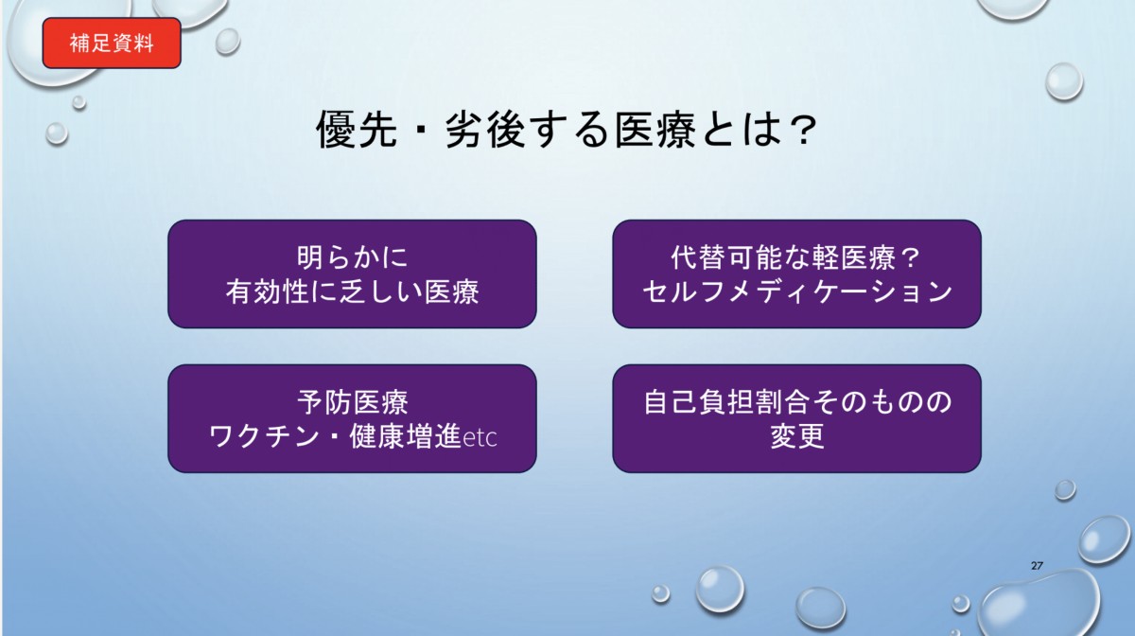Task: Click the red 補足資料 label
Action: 112,44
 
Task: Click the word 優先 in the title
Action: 357,130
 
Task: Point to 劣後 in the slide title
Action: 485,130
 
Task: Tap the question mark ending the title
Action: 803,130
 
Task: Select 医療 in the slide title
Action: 655,130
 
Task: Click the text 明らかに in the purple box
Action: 352,257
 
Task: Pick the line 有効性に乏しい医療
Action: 352,291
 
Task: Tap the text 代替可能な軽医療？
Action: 795,257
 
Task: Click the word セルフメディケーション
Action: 797,291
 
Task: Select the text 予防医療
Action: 352,402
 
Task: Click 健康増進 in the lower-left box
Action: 406,436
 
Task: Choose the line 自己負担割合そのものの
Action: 797,402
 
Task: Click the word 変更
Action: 797,436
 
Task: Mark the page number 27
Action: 1037,566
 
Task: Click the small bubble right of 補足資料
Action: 228,41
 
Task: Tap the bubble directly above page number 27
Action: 1065,490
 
